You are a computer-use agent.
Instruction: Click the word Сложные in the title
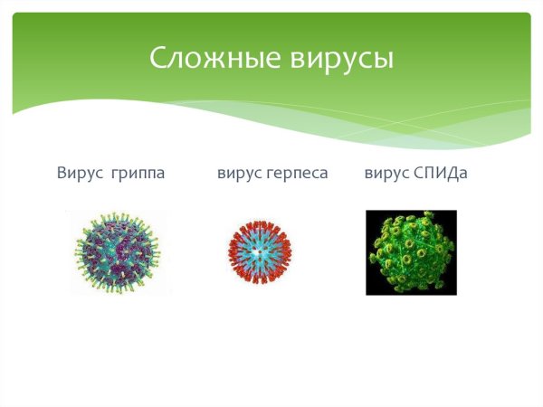(215, 59)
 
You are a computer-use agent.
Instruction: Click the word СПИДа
(440, 172)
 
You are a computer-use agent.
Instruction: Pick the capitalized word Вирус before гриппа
(78, 172)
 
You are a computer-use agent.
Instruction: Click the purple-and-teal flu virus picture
(116, 251)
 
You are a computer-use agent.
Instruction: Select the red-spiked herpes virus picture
(260, 251)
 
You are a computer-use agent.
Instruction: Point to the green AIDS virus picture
(411, 252)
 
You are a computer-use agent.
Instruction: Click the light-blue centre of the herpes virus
(260, 252)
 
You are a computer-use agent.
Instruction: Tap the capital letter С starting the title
(158, 59)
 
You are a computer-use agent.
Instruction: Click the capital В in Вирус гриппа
(61, 172)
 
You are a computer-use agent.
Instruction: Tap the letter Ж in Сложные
(217, 61)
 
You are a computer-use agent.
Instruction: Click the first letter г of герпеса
(270, 173)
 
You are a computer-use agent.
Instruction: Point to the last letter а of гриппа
(160, 173)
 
